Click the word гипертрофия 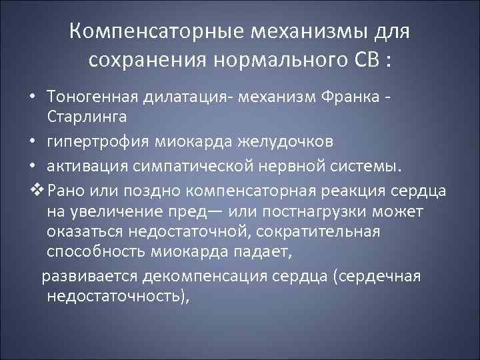click(94, 143)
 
